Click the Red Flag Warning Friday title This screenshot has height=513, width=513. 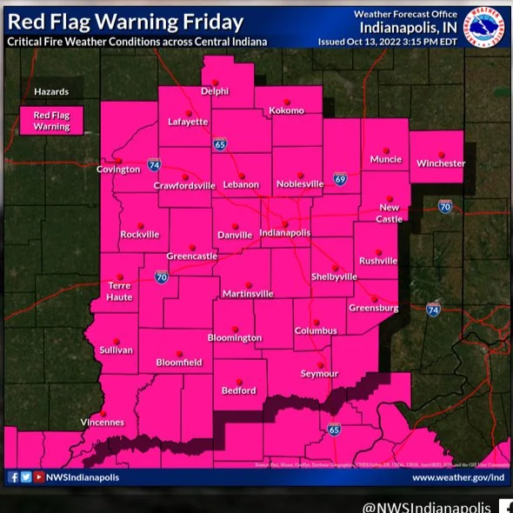[126, 22]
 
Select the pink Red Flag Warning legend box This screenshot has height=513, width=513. [51, 120]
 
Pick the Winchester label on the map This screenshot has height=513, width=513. [440, 163]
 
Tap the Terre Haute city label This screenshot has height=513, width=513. [119, 291]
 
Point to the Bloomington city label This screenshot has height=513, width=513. [234, 337]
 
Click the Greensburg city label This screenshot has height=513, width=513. [373, 308]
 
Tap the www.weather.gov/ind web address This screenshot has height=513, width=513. [458, 477]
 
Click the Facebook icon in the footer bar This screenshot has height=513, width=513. [13, 477]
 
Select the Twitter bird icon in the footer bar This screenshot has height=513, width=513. [25, 477]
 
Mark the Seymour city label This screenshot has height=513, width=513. [319, 374]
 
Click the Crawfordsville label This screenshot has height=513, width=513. [183, 185]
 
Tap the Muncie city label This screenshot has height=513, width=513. [385, 159]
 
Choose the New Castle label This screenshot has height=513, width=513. [390, 213]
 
